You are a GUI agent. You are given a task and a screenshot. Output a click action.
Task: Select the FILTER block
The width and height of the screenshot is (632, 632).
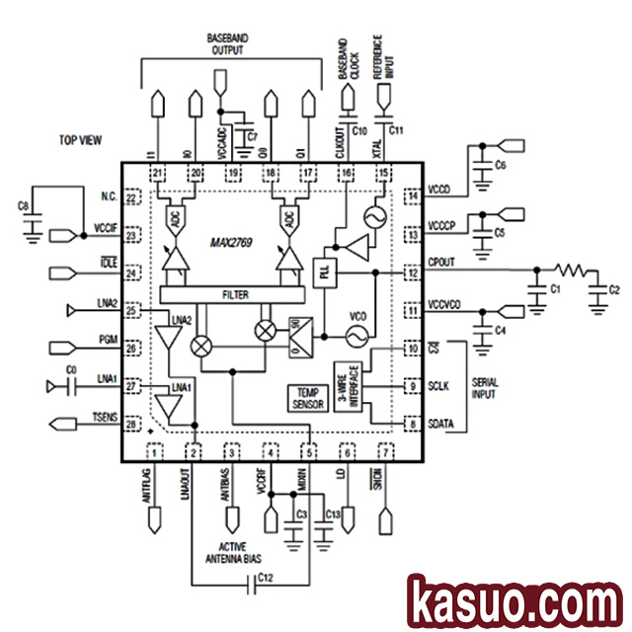point(234,293)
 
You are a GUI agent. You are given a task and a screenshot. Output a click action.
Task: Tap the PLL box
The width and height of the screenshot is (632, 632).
point(324,273)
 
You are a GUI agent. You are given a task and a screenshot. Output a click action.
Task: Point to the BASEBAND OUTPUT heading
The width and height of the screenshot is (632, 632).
point(228,42)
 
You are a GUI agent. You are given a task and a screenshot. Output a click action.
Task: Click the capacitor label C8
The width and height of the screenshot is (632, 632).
point(24,206)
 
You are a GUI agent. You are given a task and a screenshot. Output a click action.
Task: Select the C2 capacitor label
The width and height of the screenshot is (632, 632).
point(613,290)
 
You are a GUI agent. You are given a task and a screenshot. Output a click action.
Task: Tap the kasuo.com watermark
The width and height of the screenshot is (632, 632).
point(513,600)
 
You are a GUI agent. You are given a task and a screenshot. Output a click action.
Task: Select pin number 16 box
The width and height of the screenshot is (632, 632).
point(346,174)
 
